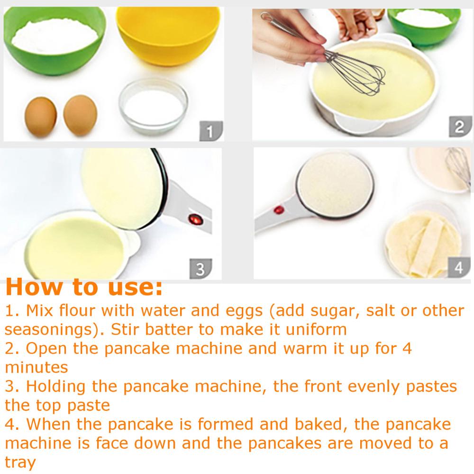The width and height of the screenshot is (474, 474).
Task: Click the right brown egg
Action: [x=81, y=115]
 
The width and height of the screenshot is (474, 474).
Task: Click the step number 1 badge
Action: [x=210, y=129]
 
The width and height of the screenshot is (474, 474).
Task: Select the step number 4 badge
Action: [x=458, y=267]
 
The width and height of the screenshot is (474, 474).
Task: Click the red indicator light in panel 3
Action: [x=194, y=219]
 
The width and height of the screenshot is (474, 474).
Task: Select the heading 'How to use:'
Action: [x=84, y=287]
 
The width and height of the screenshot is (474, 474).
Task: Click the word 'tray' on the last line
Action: [x=20, y=462]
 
